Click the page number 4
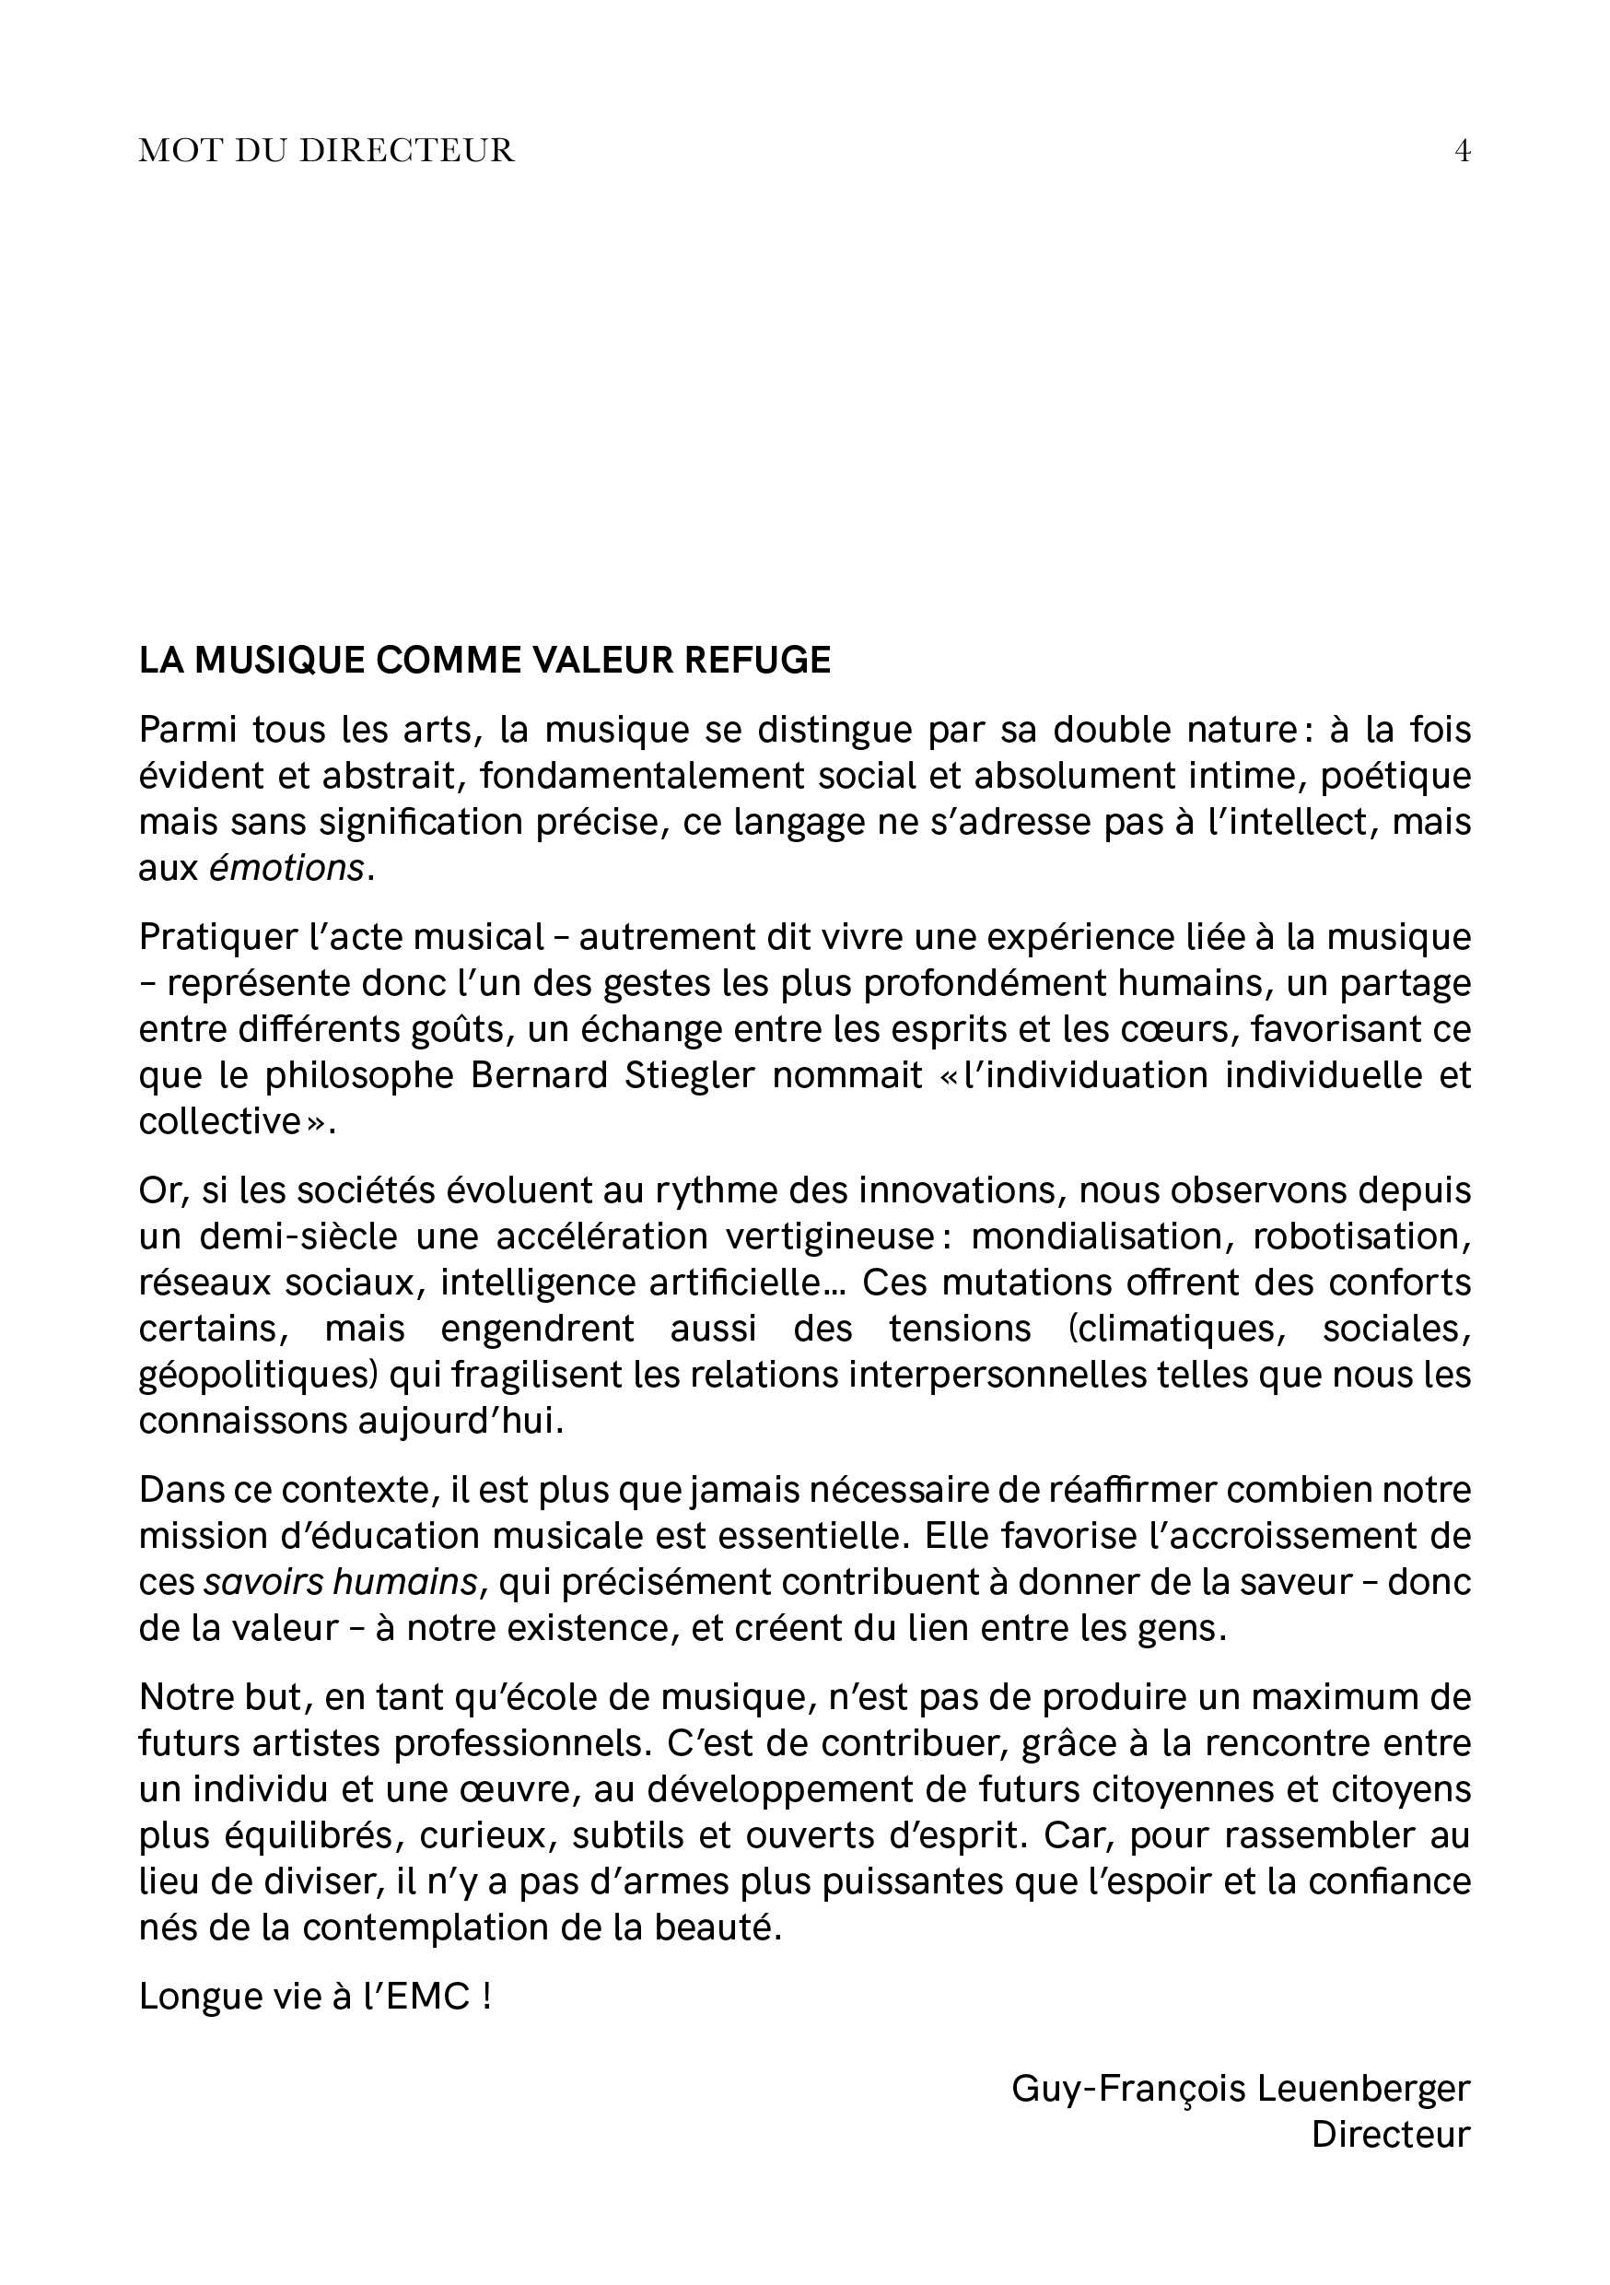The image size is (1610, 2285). tap(1462, 151)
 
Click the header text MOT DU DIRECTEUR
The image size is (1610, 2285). tap(326, 151)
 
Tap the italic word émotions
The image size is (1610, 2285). tap(286, 869)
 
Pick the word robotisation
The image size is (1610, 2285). tap(1361, 1237)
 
